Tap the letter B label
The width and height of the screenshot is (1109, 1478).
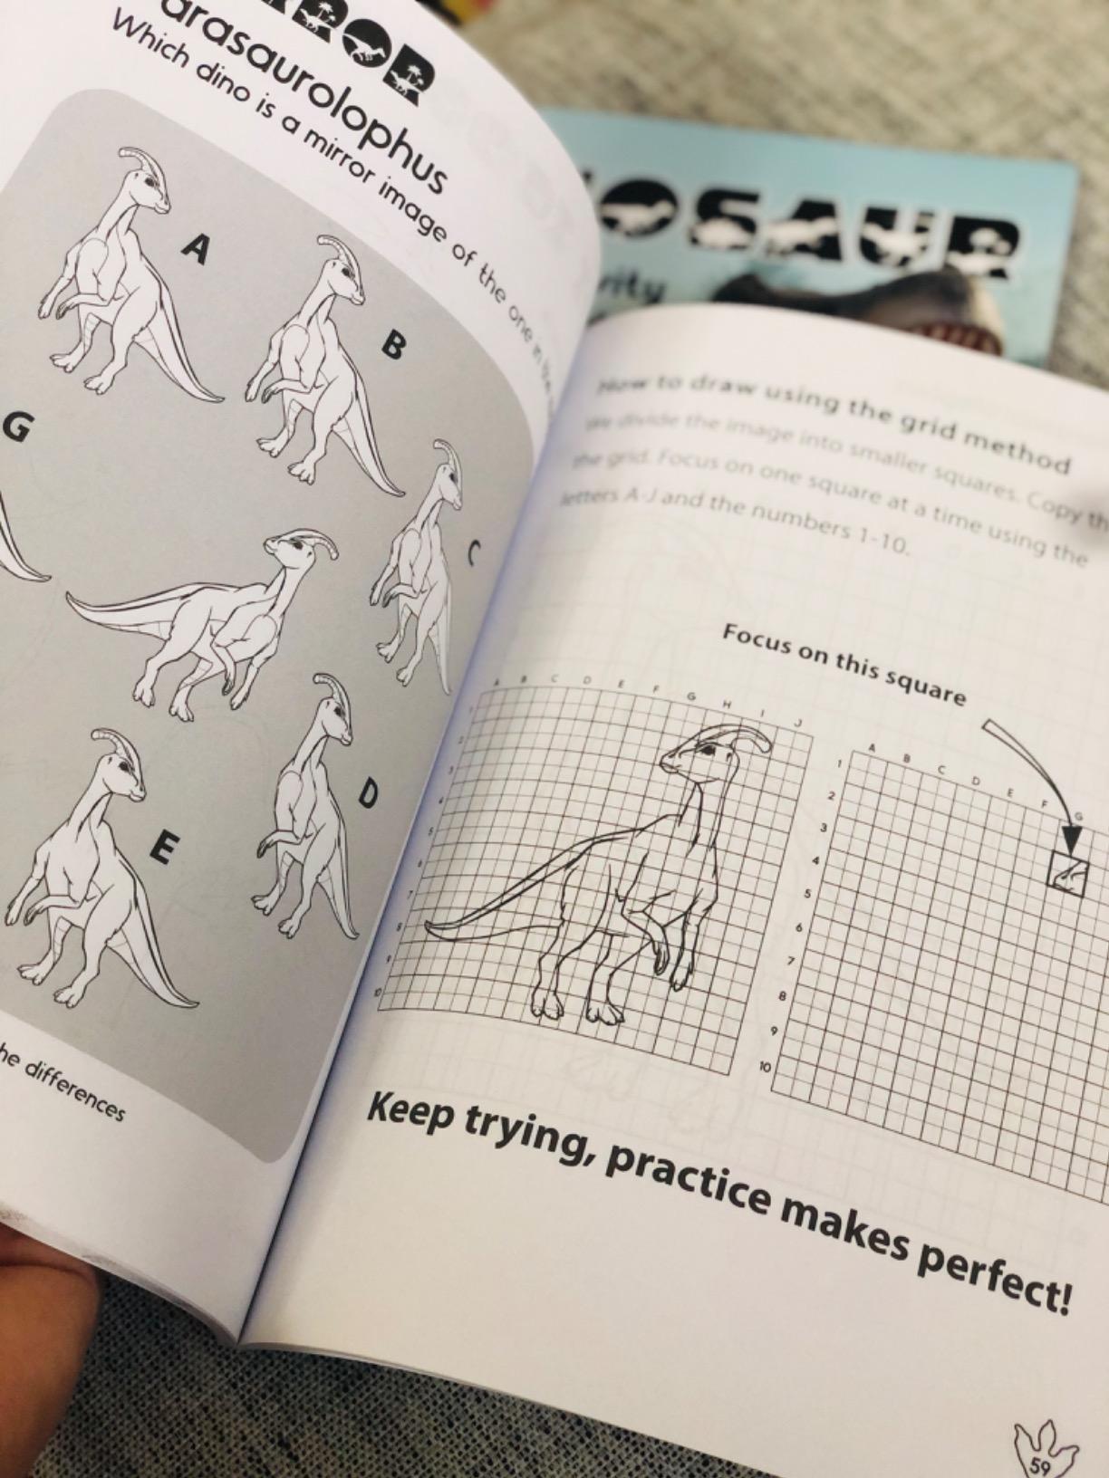(392, 346)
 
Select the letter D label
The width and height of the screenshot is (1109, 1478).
(367, 794)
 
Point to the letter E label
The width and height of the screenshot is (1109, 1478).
(164, 849)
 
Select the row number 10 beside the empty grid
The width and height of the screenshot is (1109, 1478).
(764, 1069)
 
